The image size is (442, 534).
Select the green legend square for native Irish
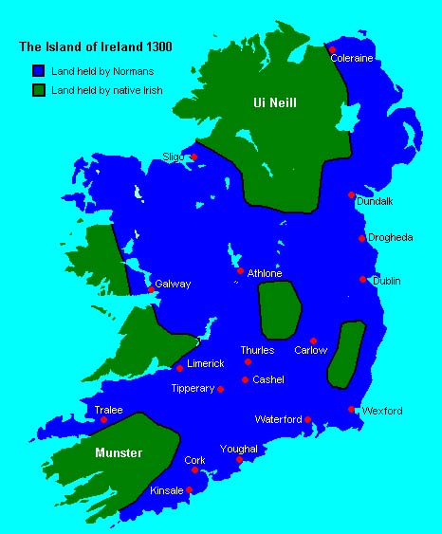[38, 90]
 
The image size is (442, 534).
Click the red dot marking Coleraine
[332, 49]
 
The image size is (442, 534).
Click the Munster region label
[119, 453]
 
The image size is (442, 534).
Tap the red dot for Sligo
[193, 157]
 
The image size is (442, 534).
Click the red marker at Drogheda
[362, 238]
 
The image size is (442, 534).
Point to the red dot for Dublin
[363, 279]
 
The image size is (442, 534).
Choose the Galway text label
[174, 284]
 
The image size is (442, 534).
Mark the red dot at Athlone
[240, 271]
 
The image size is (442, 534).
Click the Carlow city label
[311, 350]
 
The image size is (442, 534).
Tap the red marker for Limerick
[179, 368]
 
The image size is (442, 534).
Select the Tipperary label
[193, 389]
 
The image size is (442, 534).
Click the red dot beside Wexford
[352, 410]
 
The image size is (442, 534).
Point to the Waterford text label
[278, 419]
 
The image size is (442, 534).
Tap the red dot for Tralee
[104, 420]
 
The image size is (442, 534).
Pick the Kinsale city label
[167, 491]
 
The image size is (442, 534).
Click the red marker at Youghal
[239, 461]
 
